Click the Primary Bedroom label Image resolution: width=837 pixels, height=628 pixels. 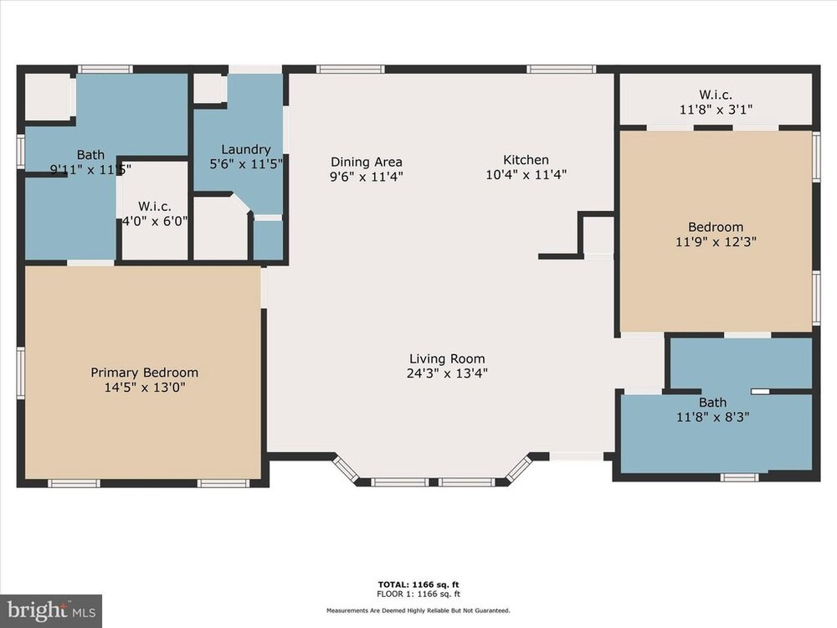(x=144, y=373)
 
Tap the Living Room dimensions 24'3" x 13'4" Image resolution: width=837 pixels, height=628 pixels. (x=447, y=373)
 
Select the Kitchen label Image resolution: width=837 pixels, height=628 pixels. (x=526, y=160)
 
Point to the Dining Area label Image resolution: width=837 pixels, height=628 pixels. (x=367, y=162)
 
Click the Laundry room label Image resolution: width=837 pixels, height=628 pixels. (x=246, y=150)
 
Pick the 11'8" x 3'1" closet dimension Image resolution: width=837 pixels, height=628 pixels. (x=716, y=110)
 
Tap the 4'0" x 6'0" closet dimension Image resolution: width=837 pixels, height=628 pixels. (x=155, y=221)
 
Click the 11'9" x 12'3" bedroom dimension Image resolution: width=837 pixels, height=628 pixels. (x=716, y=242)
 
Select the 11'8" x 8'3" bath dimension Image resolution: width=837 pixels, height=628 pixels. (x=712, y=417)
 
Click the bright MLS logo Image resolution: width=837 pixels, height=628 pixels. (x=51, y=611)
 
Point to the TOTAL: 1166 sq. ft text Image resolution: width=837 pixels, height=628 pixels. (x=418, y=584)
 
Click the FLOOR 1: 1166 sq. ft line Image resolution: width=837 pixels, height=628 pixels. (x=418, y=594)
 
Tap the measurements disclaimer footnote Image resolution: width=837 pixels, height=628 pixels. (x=418, y=610)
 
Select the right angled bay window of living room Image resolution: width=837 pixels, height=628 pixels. (x=519, y=469)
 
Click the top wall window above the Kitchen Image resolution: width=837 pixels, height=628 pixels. (x=561, y=69)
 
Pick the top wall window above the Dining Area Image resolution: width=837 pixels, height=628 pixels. (x=350, y=69)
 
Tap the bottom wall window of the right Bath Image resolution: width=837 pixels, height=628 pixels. (x=739, y=477)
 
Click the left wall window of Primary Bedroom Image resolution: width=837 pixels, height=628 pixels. (x=21, y=373)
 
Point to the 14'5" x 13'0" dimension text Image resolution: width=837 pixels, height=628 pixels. (x=145, y=387)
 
